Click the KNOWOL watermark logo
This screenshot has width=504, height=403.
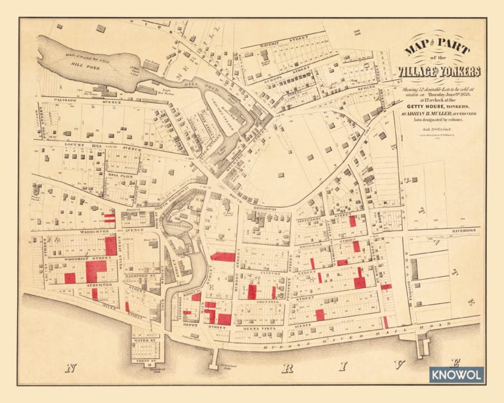pos(457,375)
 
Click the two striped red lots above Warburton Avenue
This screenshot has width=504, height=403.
pos(109,217)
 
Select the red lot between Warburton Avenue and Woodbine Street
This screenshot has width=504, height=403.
pos(111,245)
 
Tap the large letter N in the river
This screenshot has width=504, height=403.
pos(69,367)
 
